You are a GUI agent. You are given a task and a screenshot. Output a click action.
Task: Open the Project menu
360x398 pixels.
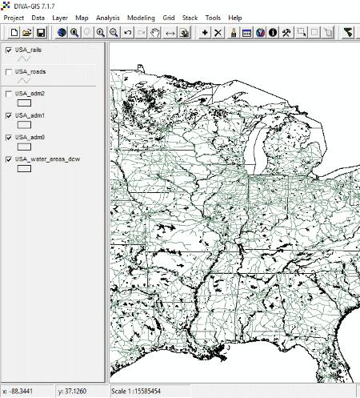pos(14,17)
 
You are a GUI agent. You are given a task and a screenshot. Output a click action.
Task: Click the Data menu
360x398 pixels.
pos(38,17)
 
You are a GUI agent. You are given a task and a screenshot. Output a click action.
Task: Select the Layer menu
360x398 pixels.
pos(60,17)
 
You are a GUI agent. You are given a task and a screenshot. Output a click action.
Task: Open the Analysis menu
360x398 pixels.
pos(107,17)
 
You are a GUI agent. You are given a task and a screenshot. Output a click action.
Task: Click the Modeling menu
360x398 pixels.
pos(141,17)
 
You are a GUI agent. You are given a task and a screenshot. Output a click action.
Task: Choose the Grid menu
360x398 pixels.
pos(169,17)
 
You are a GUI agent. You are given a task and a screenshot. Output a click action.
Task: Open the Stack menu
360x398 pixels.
pos(190,17)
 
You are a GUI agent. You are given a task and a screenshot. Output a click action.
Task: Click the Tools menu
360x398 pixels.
pos(213,17)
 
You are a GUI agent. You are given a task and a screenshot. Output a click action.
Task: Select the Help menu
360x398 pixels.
pos(234,17)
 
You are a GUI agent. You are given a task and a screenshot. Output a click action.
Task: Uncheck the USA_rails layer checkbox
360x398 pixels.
pos(8,50)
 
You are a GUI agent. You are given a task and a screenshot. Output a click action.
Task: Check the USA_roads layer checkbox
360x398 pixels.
pos(8,72)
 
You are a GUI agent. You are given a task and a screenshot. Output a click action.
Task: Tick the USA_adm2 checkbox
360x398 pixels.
pos(8,94)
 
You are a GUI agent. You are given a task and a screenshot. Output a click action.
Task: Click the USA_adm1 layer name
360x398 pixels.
pos(30,116)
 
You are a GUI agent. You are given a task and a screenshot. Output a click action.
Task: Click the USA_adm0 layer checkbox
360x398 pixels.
pos(8,138)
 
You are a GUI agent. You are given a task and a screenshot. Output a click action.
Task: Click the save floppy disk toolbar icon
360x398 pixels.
pos(41,32)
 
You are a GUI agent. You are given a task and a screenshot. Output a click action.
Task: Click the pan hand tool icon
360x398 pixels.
pos(156,32)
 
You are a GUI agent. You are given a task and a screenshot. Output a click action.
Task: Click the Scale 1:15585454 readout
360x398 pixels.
pos(148,392)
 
